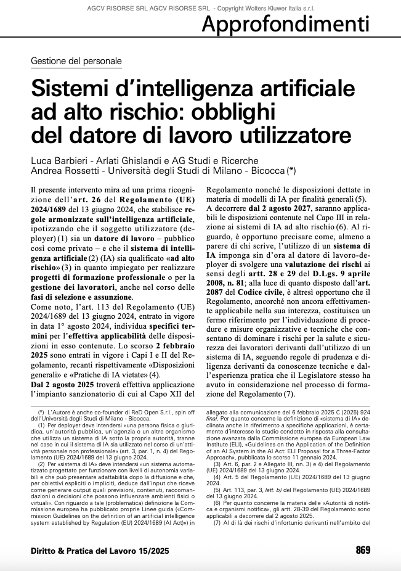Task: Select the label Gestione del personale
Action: (x=76, y=61)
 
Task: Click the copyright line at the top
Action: (x=200, y=5)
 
